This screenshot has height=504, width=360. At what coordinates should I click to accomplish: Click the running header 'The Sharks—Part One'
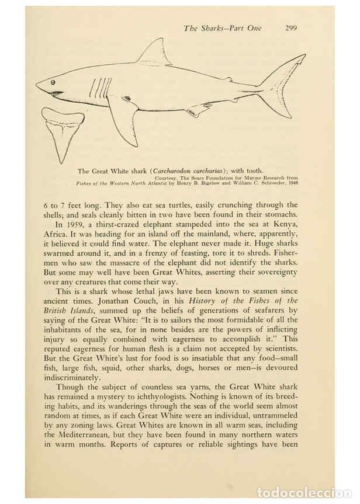click(x=222, y=27)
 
